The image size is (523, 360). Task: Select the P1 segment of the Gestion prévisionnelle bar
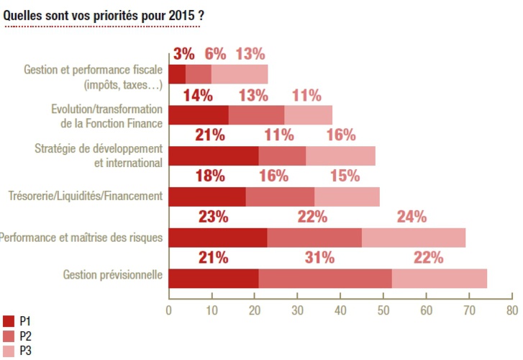pos(214,277)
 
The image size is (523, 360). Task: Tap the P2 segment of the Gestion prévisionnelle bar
pos(325,277)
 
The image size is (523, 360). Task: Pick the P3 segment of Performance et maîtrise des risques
pos(414,237)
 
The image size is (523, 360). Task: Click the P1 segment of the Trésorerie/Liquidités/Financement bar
pos(207,197)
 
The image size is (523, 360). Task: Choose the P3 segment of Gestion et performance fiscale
pos(240,75)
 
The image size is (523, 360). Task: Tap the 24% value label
pos(411,217)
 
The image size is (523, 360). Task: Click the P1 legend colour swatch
pos(9,321)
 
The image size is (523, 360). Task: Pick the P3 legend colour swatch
pos(9,351)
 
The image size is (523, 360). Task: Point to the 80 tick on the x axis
pos(511,310)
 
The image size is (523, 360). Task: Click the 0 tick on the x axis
pos(168,310)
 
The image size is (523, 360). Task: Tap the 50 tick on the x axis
pos(383,310)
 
